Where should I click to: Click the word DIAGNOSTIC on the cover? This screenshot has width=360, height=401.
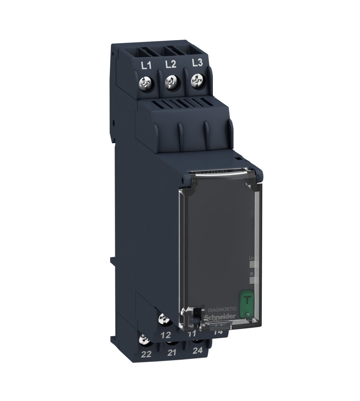(222, 310)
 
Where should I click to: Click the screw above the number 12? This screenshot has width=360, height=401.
(164, 320)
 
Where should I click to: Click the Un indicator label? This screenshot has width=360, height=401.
(252, 259)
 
